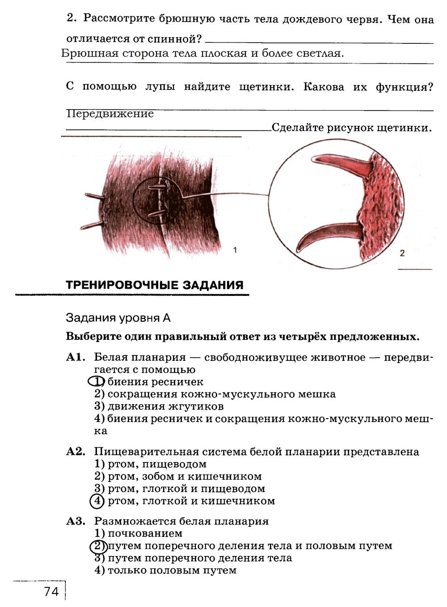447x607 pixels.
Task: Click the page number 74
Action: pyautogui.click(x=51, y=592)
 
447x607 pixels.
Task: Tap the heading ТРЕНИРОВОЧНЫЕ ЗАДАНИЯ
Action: pyautogui.click(x=154, y=285)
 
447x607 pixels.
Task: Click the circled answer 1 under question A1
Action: pyautogui.click(x=96, y=381)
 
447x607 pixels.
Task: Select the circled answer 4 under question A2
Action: pyautogui.click(x=97, y=501)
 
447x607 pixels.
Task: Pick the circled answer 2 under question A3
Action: pyautogui.click(x=97, y=546)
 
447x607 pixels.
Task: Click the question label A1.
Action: pyautogui.click(x=76, y=357)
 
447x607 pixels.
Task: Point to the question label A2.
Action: pyautogui.click(x=76, y=452)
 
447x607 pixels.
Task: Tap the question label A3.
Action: pyautogui.click(x=76, y=521)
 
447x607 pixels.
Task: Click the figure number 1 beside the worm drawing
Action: pyautogui.click(x=235, y=250)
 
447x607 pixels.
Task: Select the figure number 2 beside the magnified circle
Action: pyautogui.click(x=402, y=253)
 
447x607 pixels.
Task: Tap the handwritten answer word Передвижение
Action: pyautogui.click(x=110, y=114)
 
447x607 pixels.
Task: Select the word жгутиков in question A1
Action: pyautogui.click(x=196, y=406)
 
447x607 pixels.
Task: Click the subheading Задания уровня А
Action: pyautogui.click(x=118, y=318)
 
